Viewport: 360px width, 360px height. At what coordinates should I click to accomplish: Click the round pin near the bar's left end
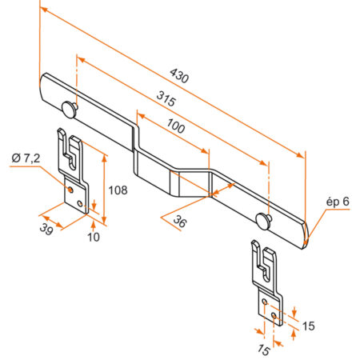[x=67, y=107]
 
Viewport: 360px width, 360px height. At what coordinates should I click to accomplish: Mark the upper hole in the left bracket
[x=73, y=190]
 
